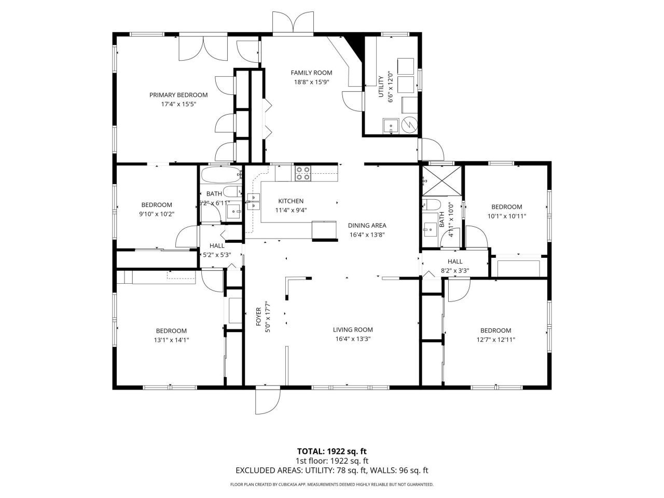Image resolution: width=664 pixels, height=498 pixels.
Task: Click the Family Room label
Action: coord(311,73)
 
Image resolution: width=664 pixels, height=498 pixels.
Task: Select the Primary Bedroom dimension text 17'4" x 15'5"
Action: coord(178,104)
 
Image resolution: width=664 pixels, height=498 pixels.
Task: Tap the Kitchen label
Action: coord(290,201)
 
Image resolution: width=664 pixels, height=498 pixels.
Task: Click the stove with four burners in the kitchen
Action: coord(303,173)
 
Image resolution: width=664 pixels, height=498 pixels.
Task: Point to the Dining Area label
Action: coord(367,225)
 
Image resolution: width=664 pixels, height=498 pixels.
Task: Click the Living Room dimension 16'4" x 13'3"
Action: coord(353,339)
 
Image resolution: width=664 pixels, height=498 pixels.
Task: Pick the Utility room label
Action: coord(381,86)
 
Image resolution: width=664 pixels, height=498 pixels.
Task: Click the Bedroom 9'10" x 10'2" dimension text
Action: coord(157,214)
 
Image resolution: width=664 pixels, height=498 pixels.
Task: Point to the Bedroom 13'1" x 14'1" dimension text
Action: coord(171,340)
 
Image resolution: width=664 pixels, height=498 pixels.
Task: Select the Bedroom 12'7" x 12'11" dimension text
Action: coord(495,340)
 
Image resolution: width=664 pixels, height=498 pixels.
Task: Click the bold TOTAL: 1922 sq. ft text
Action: coord(331,451)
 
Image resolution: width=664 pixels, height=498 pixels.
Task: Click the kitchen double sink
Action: coord(254,201)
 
